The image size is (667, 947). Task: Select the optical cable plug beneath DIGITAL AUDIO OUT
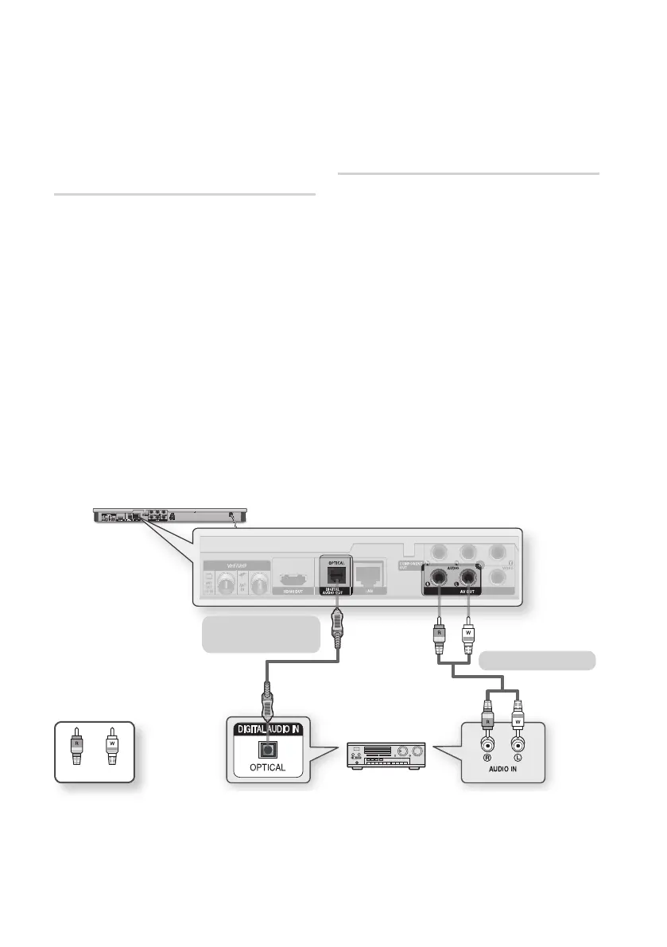tap(339, 621)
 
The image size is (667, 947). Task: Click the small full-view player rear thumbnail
tap(169, 514)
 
